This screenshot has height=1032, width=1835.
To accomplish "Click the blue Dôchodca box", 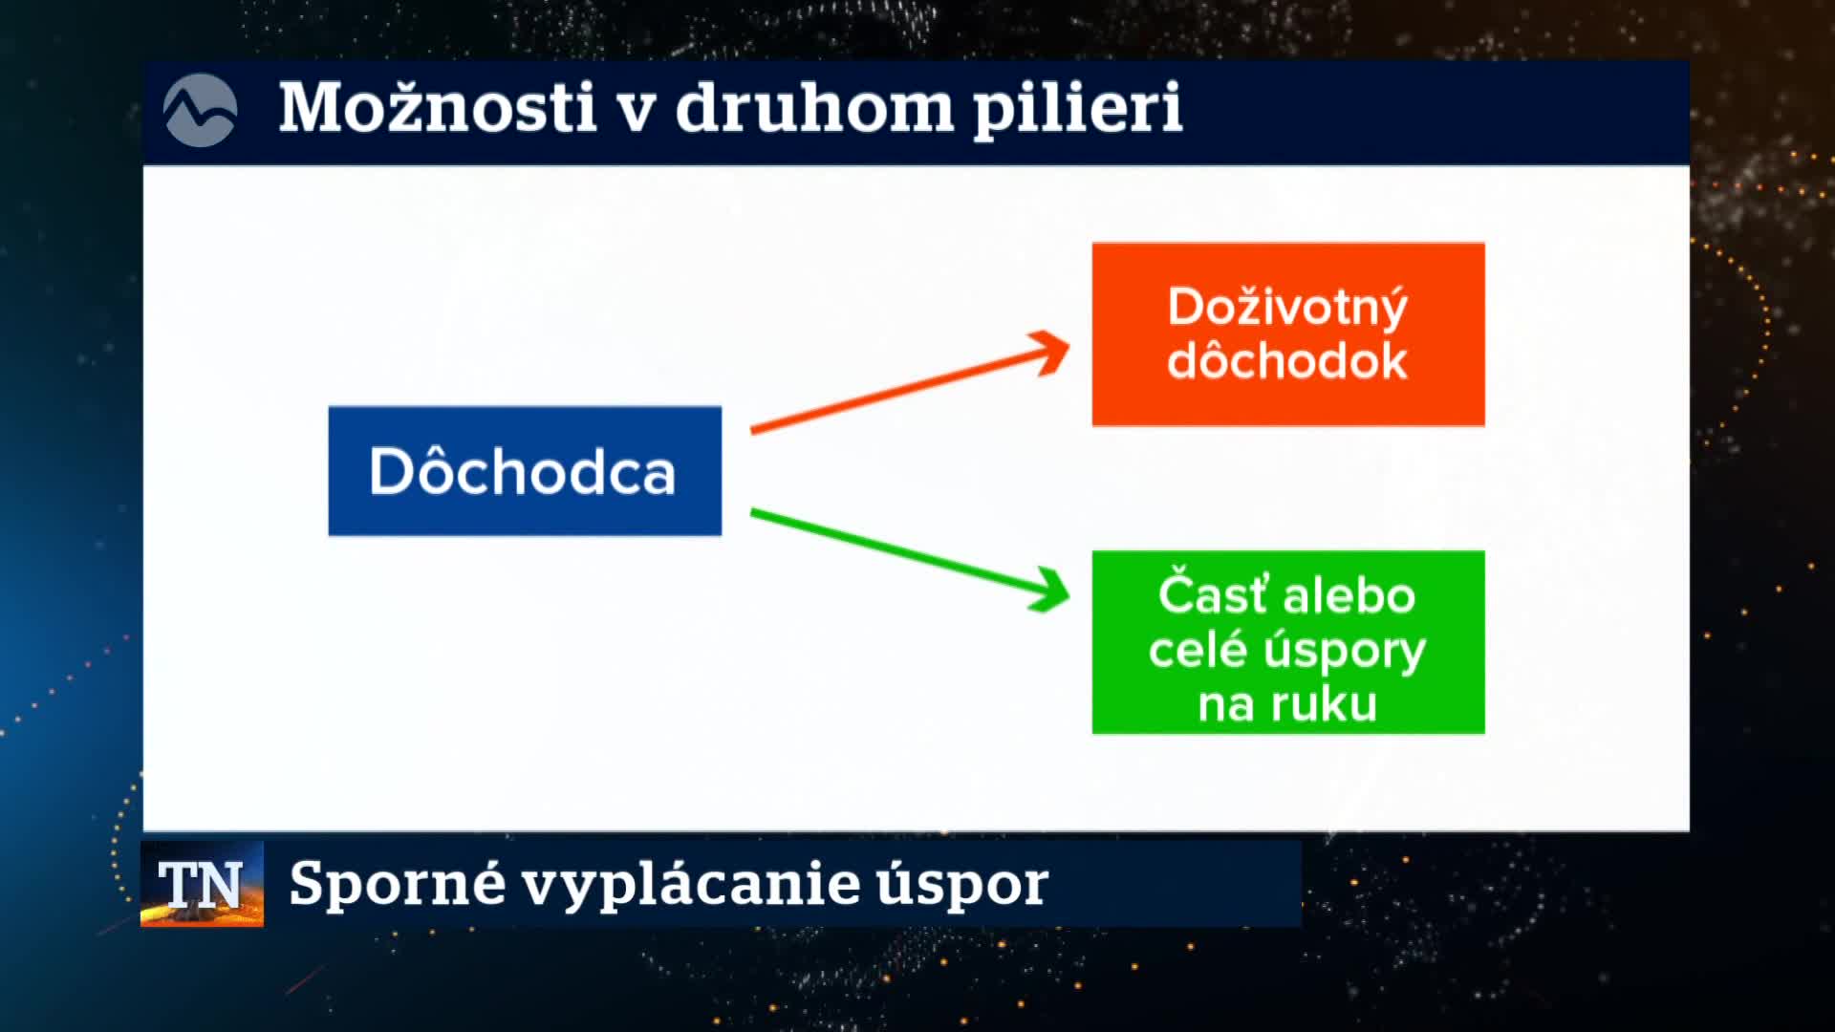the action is (525, 471).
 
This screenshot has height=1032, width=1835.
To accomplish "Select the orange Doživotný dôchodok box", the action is (1288, 333).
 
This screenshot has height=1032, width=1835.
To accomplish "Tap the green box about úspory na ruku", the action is (1288, 642).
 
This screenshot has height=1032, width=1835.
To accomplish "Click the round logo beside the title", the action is (200, 111).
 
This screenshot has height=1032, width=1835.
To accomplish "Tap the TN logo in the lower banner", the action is (202, 884).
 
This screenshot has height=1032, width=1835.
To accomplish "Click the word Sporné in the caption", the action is (398, 884).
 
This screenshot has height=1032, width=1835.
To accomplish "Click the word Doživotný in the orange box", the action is (1288, 308).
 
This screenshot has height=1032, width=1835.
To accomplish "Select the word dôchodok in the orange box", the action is (1287, 361).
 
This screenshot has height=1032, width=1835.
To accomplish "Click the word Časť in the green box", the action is (1212, 593).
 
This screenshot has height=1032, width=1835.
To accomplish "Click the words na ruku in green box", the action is (1287, 705).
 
